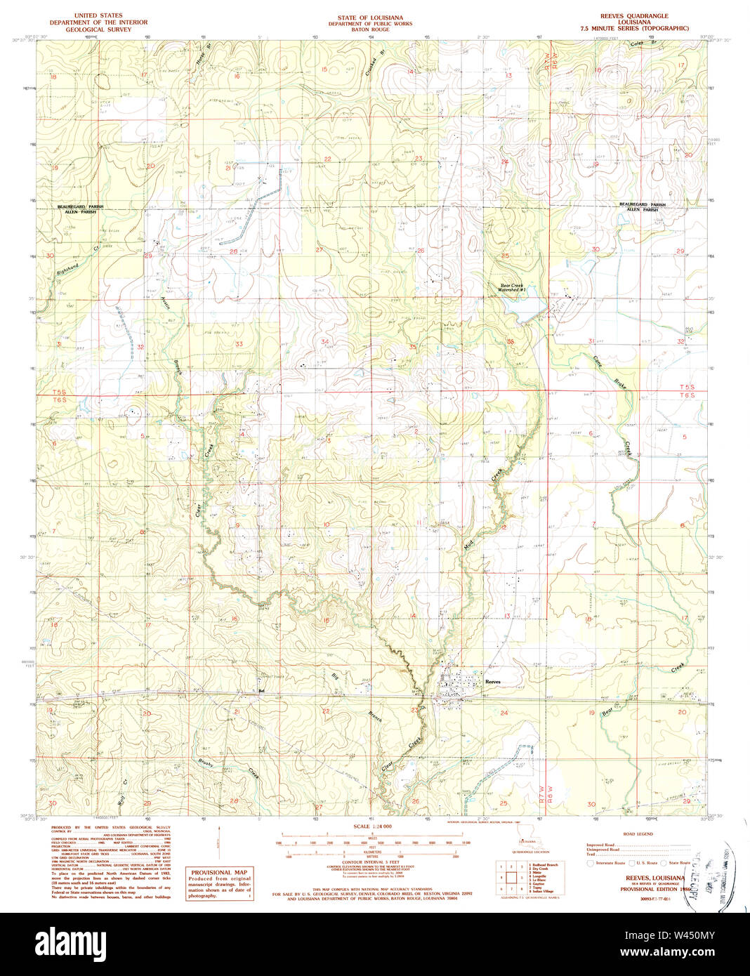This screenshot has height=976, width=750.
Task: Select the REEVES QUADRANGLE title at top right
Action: click(x=633, y=15)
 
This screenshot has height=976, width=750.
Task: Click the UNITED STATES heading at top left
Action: click(x=98, y=15)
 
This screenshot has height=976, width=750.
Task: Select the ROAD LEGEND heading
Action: click(x=638, y=834)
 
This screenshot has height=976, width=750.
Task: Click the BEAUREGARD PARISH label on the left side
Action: click(x=81, y=206)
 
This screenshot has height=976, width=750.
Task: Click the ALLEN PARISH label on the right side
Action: click(x=642, y=210)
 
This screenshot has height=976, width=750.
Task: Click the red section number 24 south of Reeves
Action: click(x=504, y=713)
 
